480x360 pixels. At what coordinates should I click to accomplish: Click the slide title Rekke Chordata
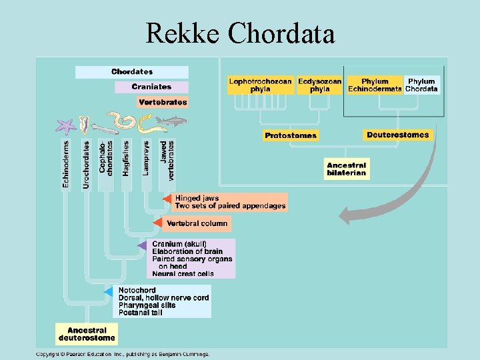[x=240, y=32]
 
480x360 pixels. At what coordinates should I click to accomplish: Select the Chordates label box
[x=132, y=72]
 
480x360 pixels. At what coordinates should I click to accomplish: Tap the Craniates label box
[x=151, y=87]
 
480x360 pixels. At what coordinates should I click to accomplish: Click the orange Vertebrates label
[x=163, y=102]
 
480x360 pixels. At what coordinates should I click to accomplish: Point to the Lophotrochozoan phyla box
[x=260, y=85]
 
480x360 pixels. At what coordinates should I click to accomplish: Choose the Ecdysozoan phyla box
[x=319, y=85]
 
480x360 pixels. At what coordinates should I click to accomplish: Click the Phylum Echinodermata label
[x=375, y=85]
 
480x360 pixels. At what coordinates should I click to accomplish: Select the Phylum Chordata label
[x=421, y=85]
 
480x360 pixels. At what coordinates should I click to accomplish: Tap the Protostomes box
[x=291, y=135]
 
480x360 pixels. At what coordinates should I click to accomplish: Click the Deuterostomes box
[x=398, y=135]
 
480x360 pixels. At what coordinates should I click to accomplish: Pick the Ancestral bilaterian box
[x=346, y=169]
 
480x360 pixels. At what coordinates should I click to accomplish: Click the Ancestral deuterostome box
[x=87, y=333]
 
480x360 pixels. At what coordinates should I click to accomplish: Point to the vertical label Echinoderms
[x=66, y=163]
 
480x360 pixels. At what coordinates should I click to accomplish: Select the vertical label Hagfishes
[x=126, y=158]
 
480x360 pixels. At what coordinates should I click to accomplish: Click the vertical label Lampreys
[x=146, y=158]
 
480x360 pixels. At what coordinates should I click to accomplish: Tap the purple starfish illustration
[x=66, y=125]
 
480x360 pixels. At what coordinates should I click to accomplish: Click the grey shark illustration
[x=175, y=121]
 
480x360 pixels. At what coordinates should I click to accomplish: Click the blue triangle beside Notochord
[x=109, y=292]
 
